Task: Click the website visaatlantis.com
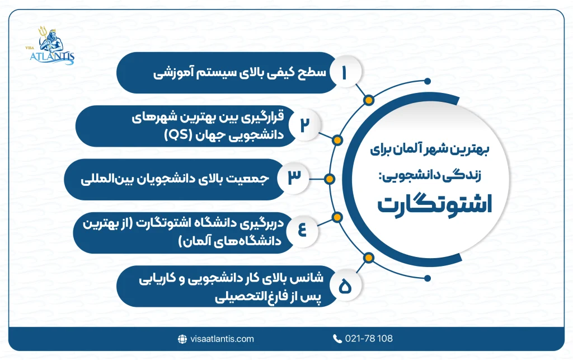tap(222, 339)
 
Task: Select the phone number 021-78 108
tap(370, 339)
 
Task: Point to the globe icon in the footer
tap(181, 339)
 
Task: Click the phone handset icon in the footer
tap(337, 339)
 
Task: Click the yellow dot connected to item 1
tap(368, 101)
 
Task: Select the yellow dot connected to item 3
tap(330, 179)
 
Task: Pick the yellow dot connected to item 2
tap(337, 139)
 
